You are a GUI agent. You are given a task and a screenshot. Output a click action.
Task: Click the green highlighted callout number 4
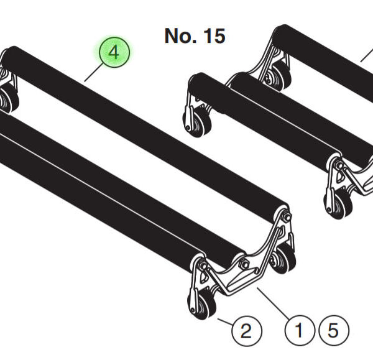coord(114,53)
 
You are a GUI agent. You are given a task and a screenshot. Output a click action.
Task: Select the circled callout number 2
coord(247,329)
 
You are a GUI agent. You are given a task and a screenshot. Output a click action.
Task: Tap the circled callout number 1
coord(300,330)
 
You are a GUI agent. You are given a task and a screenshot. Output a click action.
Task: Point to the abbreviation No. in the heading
coord(180,36)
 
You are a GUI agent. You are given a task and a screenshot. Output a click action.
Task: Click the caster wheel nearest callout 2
coord(201,304)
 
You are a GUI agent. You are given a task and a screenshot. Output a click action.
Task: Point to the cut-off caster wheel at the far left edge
coord(7,99)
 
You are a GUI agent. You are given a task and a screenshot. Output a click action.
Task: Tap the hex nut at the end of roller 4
coord(287,216)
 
